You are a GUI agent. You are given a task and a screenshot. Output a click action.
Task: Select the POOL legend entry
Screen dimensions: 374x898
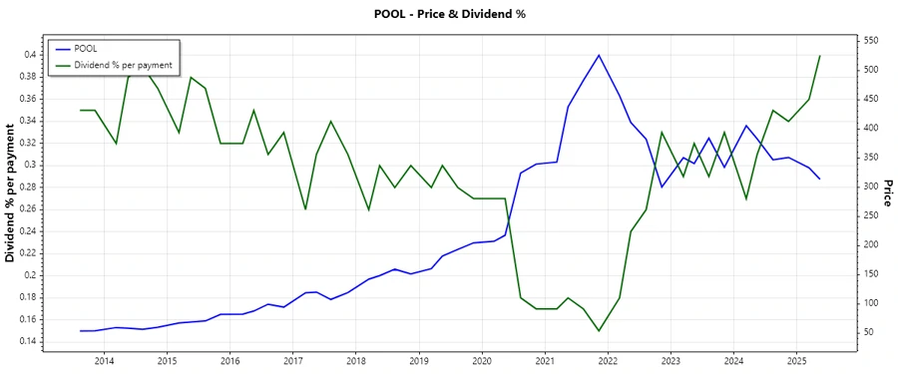click(94, 48)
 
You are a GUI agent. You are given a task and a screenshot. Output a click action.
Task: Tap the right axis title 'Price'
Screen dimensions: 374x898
click(886, 192)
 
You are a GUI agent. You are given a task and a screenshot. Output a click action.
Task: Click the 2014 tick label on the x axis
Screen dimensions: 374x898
click(104, 359)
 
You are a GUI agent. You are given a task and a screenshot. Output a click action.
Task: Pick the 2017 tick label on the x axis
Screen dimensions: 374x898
click(292, 359)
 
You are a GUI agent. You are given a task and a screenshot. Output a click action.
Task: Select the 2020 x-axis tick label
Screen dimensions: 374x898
click(482, 359)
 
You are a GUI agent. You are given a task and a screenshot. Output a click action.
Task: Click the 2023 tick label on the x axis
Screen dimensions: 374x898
click(671, 359)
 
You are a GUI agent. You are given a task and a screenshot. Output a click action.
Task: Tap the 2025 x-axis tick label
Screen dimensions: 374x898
click(796, 359)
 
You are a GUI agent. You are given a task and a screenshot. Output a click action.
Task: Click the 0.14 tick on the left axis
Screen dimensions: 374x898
click(29, 341)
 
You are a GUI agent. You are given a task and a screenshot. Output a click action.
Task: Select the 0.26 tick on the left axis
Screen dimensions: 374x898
click(29, 208)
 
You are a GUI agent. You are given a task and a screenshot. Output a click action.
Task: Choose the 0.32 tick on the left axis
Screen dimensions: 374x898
click(29, 143)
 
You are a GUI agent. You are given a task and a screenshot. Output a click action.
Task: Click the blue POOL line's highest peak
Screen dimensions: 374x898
click(599, 55)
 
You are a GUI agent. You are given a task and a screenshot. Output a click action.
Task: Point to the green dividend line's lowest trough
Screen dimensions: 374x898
click(599, 331)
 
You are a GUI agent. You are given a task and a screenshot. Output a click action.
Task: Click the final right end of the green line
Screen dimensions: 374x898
click(819, 56)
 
